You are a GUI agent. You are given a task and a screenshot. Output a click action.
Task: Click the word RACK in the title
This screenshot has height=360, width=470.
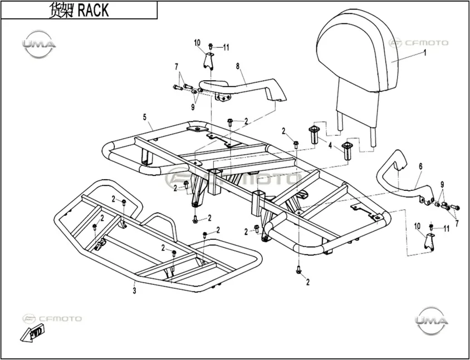pyautogui.click(x=93, y=11)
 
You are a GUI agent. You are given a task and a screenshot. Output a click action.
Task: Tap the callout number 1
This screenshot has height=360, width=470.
pyautogui.click(x=424, y=53)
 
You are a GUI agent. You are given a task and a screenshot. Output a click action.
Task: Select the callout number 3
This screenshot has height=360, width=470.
pyautogui.click(x=135, y=290)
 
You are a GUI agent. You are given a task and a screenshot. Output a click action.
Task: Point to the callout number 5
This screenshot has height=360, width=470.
pyautogui.click(x=145, y=117)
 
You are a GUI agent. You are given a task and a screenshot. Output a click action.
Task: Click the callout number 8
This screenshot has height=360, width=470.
pyautogui.click(x=238, y=66)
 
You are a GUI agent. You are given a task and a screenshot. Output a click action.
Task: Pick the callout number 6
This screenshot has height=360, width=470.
pyautogui.click(x=420, y=166)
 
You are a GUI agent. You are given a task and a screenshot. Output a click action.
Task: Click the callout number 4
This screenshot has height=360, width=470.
pyautogui.click(x=330, y=146)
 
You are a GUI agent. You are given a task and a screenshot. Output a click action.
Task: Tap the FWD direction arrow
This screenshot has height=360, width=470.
pyautogui.click(x=32, y=333)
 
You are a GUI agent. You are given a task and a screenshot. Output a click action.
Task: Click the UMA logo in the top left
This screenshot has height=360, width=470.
pyautogui.click(x=38, y=44)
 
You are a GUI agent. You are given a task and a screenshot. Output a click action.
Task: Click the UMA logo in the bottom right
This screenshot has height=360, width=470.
pyautogui.click(x=432, y=320)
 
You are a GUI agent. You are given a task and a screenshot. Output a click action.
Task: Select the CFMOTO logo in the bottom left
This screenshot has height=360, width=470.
pyautogui.click(x=52, y=319)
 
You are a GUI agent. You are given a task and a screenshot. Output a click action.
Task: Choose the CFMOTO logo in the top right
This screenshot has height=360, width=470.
pyautogui.click(x=418, y=43)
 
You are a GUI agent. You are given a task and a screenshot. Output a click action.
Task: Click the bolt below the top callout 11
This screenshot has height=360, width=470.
pyautogui.click(x=210, y=46)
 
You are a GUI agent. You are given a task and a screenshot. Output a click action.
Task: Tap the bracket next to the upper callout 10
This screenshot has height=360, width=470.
pyautogui.click(x=209, y=61)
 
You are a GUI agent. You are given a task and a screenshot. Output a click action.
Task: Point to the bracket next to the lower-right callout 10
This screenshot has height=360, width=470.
pyautogui.click(x=429, y=241)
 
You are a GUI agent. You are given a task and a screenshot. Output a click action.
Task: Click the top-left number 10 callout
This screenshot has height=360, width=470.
pyautogui.click(x=197, y=42)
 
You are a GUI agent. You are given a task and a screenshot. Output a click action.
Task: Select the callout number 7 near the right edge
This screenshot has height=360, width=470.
pyautogui.click(x=457, y=223)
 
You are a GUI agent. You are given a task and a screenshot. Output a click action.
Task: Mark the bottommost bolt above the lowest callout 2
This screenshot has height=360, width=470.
pyautogui.click(x=298, y=269)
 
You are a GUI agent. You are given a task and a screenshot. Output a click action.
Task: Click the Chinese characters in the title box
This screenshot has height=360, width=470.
pyautogui.click(x=61, y=11)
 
